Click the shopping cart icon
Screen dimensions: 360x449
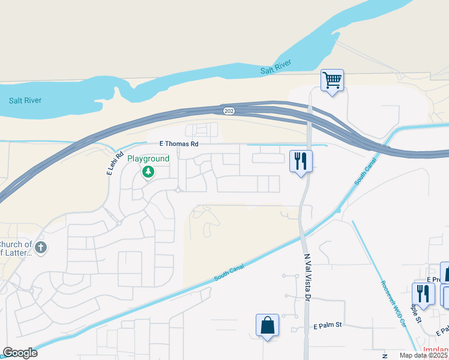[332, 80]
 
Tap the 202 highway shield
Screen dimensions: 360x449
[229, 110]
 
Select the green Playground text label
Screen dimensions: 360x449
[148, 158]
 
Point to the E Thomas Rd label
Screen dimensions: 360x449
[178, 144]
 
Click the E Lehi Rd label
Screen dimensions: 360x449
[110, 164]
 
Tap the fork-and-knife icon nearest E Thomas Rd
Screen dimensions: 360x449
[301, 161]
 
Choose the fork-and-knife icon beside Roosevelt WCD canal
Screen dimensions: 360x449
[423, 293]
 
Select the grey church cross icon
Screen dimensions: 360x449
[40, 247]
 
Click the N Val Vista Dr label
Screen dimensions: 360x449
[308, 277]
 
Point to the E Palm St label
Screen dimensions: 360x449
[327, 325]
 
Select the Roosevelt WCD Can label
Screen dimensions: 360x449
[393, 304]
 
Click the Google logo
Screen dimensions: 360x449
[20, 353]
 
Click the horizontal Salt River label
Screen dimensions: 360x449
[25, 100]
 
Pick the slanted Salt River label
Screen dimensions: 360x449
[276, 67]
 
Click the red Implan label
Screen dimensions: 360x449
[435, 350]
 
